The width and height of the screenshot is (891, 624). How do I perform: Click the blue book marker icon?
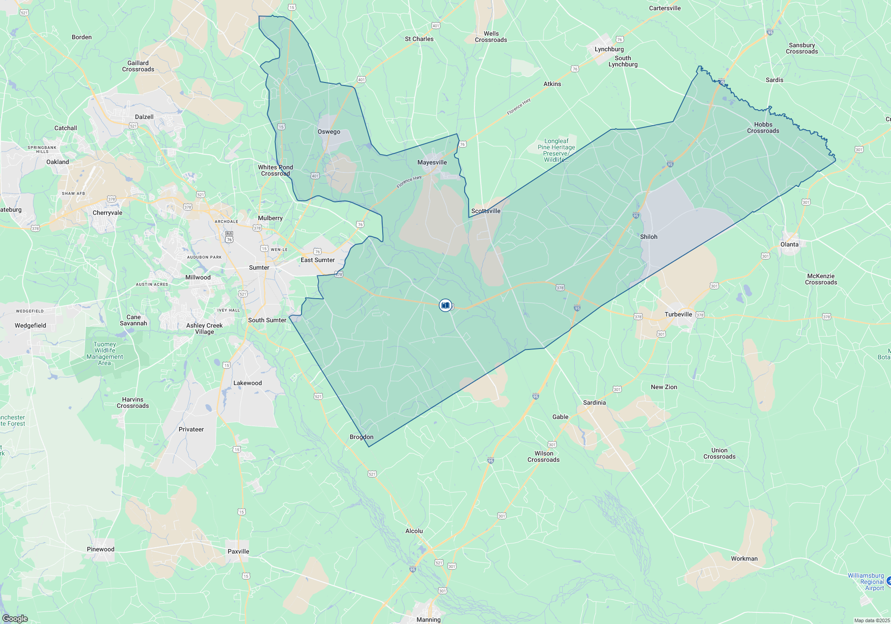pyautogui.click(x=445, y=305)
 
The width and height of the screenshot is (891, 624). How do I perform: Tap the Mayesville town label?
pyautogui.click(x=432, y=162)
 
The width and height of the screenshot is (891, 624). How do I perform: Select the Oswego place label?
pyautogui.click(x=329, y=131)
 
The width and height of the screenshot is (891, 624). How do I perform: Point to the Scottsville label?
pyautogui.click(x=486, y=211)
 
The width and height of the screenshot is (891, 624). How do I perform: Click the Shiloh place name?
pyautogui.click(x=649, y=237)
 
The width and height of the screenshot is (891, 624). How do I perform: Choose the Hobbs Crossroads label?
pyautogui.click(x=763, y=127)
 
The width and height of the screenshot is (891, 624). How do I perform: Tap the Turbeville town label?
pyautogui.click(x=678, y=314)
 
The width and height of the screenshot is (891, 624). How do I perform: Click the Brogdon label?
pyautogui.click(x=361, y=437)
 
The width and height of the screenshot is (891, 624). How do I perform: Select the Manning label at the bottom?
pyautogui.click(x=428, y=620)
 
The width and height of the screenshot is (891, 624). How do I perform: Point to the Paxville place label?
pyautogui.click(x=238, y=551)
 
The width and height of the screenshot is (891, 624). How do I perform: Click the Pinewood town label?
pyautogui.click(x=101, y=549)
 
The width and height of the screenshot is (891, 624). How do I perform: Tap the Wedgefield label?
pyautogui.click(x=30, y=325)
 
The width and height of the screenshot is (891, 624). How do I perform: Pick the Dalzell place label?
pyautogui.click(x=144, y=117)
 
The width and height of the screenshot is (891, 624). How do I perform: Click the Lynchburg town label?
pyautogui.click(x=609, y=49)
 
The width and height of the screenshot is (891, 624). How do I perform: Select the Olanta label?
pyautogui.click(x=789, y=244)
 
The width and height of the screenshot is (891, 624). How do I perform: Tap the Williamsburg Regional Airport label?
pyautogui.click(x=866, y=582)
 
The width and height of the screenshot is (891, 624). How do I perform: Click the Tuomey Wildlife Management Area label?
pyautogui.click(x=105, y=353)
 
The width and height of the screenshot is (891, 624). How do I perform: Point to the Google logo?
pyautogui.click(x=15, y=619)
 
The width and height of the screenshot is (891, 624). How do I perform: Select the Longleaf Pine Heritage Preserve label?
pyautogui.click(x=556, y=150)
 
